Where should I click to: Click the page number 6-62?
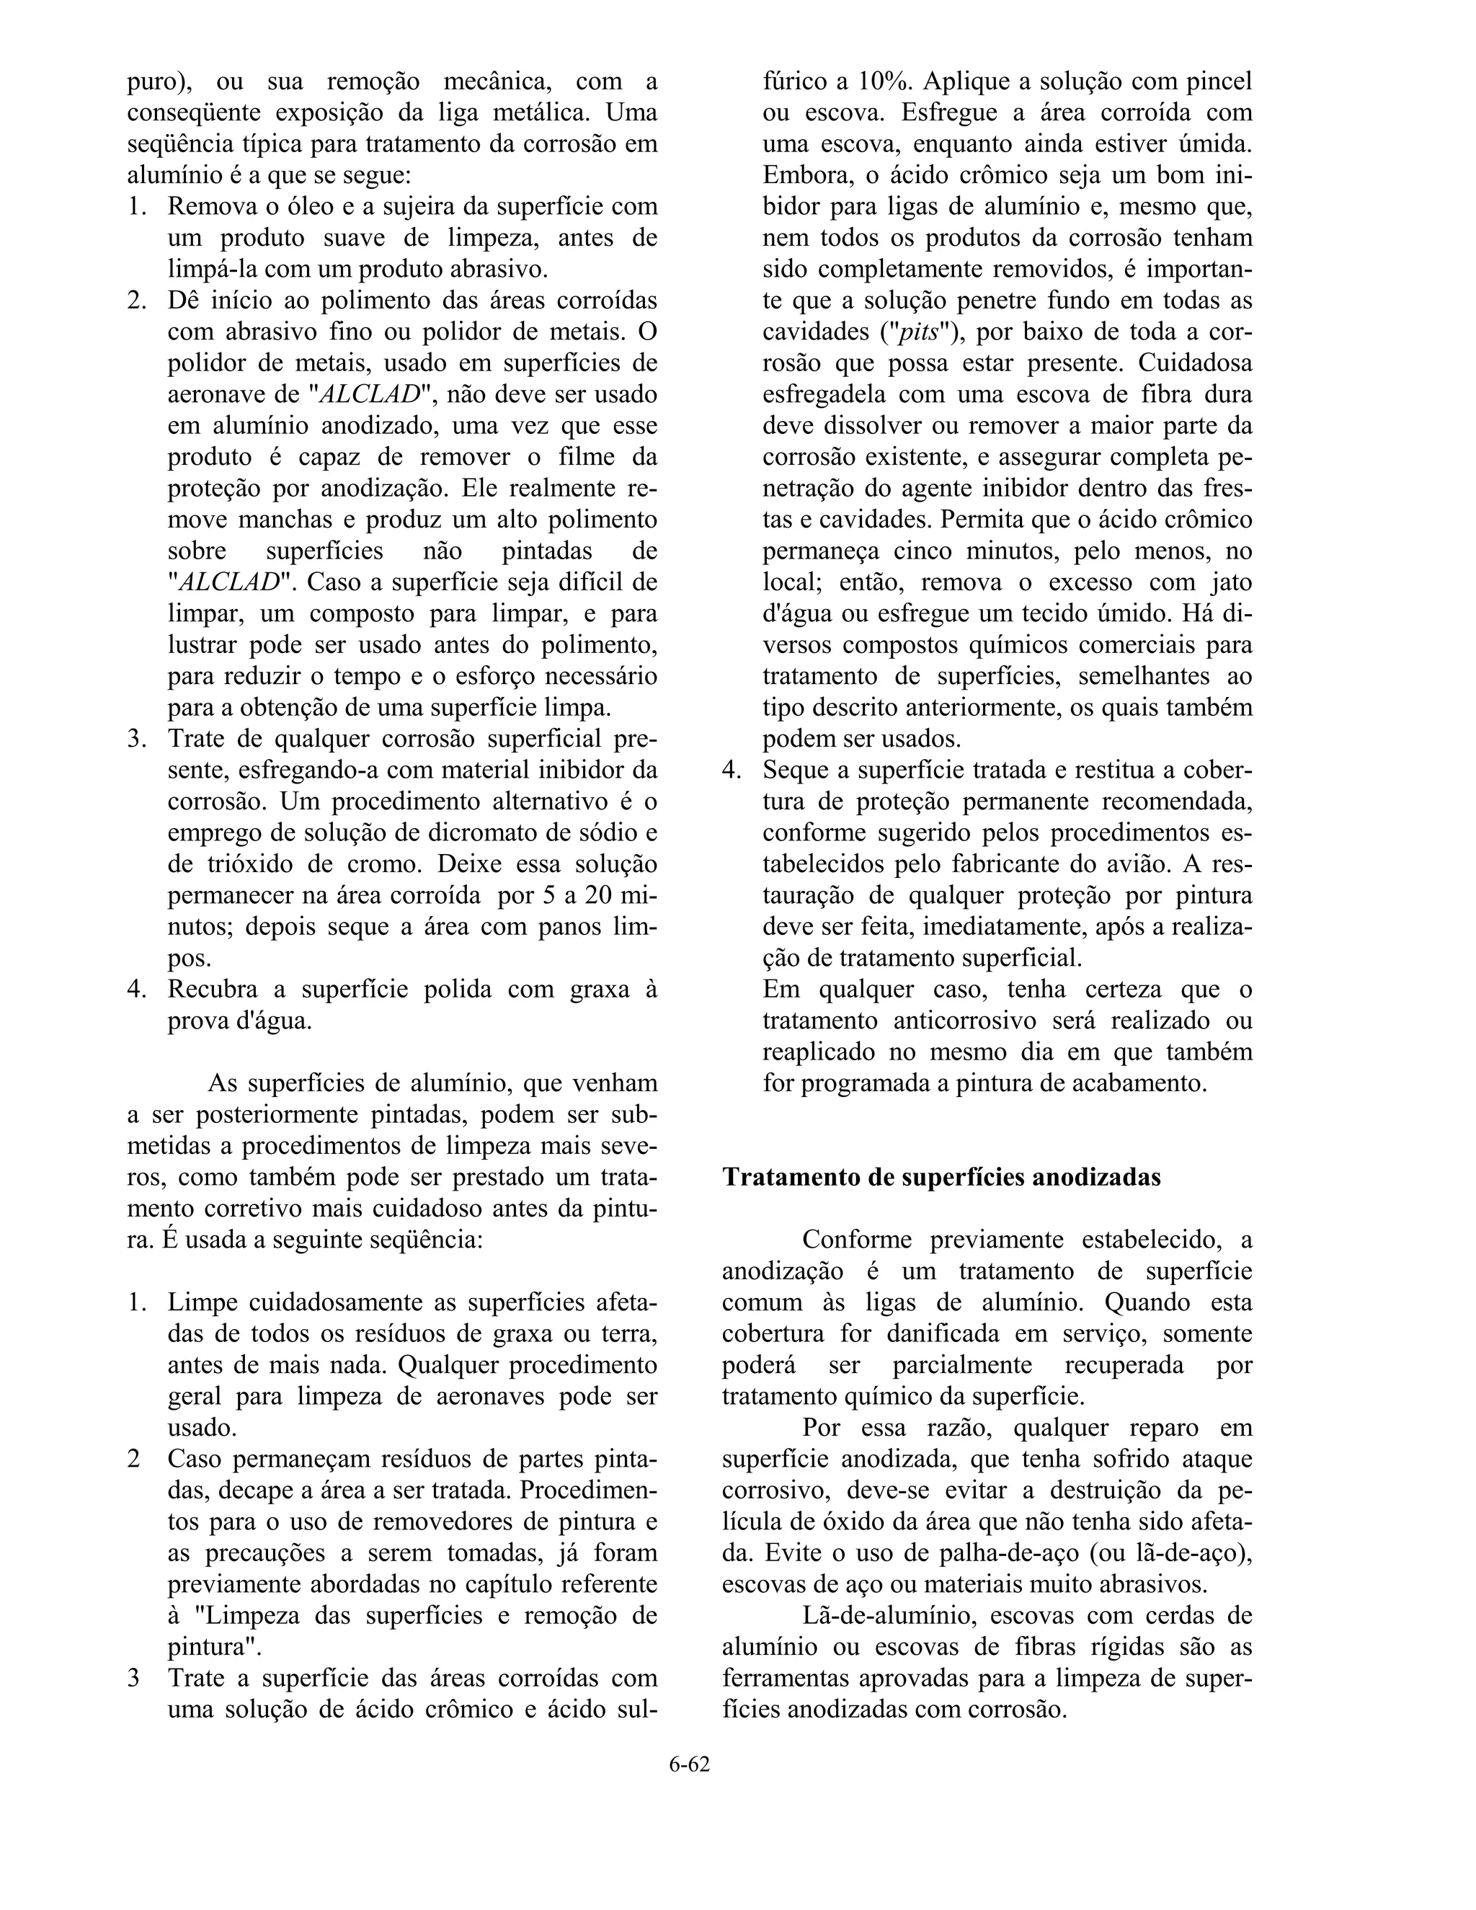tap(689, 1764)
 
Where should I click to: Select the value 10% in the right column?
tap(883, 81)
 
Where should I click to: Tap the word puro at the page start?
tap(155, 81)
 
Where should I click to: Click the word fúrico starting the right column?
tap(795, 81)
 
